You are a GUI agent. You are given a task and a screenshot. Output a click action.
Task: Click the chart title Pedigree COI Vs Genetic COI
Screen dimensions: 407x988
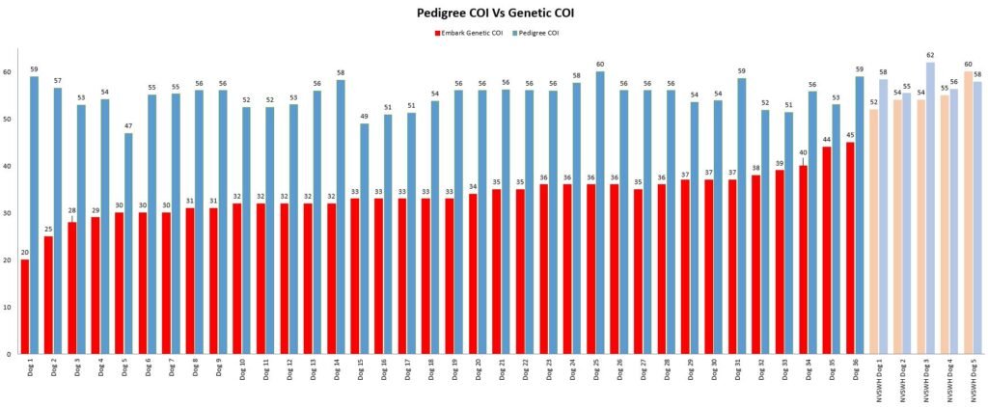click(493, 13)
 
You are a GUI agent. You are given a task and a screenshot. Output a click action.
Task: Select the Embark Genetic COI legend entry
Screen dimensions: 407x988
click(469, 34)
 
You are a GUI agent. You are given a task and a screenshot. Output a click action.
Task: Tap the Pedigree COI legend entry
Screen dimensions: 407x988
click(538, 34)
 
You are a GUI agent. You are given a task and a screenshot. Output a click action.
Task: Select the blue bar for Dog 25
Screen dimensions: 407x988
click(600, 212)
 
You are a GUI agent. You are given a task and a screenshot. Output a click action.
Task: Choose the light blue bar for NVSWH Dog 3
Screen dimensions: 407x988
click(930, 208)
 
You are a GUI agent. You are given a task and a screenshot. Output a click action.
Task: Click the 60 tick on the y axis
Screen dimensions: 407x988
click(7, 72)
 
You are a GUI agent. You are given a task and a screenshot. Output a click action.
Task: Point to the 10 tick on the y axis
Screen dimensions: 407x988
click(7, 307)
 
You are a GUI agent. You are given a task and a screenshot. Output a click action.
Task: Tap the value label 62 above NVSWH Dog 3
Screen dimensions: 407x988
click(930, 56)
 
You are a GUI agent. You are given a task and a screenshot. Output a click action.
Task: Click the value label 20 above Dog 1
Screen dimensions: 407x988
click(25, 253)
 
